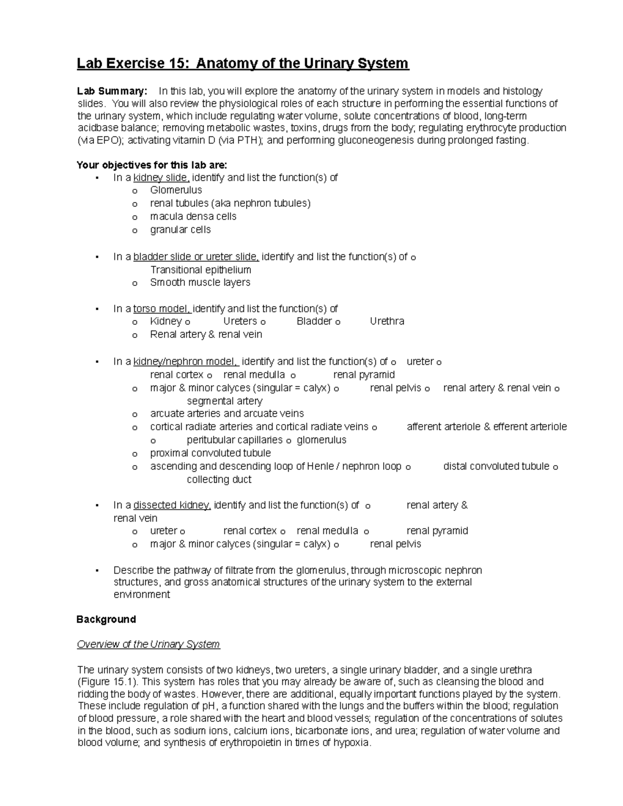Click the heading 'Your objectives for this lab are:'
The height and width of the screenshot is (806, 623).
pos(152,165)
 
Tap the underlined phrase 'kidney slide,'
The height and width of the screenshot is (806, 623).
pos(161,177)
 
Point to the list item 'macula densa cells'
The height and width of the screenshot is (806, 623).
pos(193,216)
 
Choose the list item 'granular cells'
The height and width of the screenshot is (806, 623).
pos(180,229)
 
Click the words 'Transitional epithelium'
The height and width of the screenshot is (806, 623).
pos(200,270)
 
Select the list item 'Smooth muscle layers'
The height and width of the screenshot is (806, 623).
pos(200,282)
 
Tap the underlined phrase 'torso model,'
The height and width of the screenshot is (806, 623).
pos(162,309)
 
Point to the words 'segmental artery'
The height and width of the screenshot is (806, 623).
pos(224,401)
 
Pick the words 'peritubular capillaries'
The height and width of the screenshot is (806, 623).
pos(235,440)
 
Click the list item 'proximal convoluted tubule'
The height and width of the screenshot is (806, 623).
pos(210,453)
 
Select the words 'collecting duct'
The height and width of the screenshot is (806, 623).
pos(219,480)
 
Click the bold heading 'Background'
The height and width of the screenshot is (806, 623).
pos(106,619)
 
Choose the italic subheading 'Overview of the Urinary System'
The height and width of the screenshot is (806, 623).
pos(148,644)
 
